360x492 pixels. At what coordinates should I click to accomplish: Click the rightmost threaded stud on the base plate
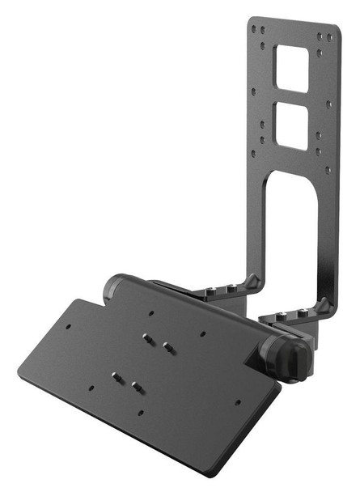click(x=167, y=346)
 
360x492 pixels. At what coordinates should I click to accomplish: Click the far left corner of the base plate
click(x=18, y=375)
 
